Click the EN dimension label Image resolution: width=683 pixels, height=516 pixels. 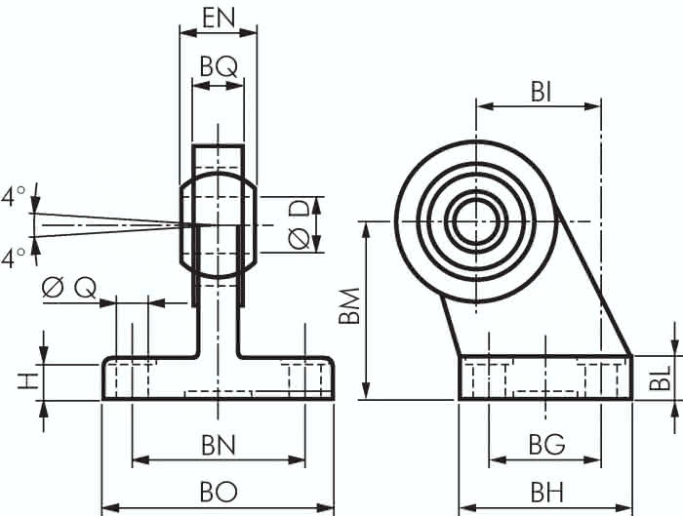click(x=219, y=18)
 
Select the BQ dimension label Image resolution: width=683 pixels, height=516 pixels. click(x=219, y=67)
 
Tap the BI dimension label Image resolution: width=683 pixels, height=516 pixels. click(x=541, y=93)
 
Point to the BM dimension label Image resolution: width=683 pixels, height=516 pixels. click(x=349, y=305)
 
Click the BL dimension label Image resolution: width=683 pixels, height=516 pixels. click(x=659, y=377)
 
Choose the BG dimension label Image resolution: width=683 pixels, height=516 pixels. click(x=546, y=445)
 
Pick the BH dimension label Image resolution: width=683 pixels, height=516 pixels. click(x=546, y=493)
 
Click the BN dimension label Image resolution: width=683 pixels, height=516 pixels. click(x=219, y=445)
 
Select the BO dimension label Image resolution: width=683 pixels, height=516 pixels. click(x=219, y=492)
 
